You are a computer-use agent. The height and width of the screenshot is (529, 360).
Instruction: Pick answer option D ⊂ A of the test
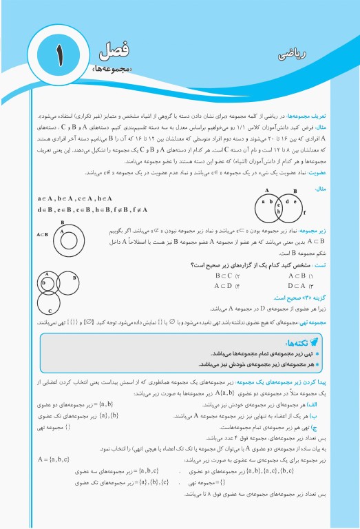click(297, 285)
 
